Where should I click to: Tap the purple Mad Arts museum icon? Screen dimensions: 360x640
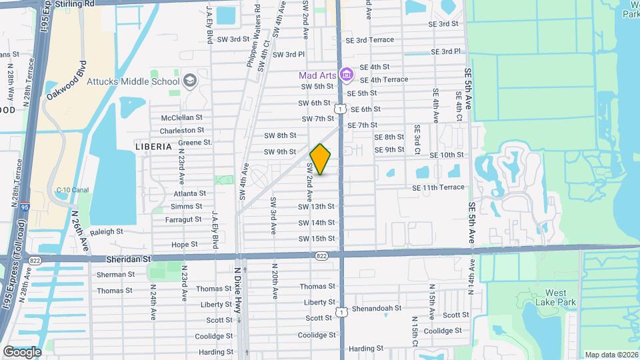pos(346,74)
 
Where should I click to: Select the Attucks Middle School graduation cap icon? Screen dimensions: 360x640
pos(190,81)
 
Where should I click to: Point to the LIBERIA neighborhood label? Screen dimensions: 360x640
pos(153,146)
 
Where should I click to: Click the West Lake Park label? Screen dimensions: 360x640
pos(555,297)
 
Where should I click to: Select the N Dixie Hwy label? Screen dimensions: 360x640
pos(237,290)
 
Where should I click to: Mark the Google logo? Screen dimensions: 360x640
pos(22,351)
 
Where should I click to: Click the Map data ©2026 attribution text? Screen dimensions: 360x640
pos(611,355)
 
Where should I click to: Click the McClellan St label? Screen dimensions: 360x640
pos(181,117)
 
